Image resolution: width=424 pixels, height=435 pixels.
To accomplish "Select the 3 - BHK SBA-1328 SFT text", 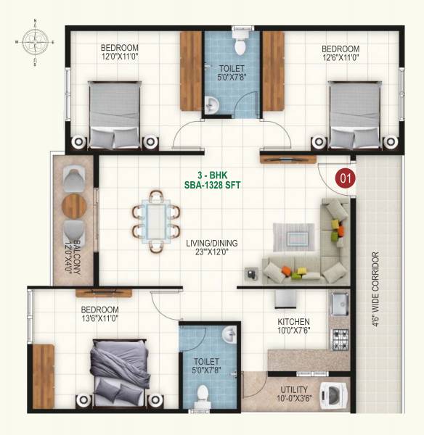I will point(213,179).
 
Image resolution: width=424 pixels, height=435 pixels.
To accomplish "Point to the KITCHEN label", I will point(293,321).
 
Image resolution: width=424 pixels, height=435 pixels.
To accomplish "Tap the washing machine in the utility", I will point(333,395).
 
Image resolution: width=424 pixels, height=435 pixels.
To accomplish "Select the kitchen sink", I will point(338,303).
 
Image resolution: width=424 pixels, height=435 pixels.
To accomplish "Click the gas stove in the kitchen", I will point(338,336).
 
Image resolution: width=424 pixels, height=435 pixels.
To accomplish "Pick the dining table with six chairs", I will point(155,220).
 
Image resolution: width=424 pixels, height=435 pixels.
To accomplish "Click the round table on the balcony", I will point(74,205).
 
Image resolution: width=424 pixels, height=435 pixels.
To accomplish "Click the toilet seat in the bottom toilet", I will point(203,395).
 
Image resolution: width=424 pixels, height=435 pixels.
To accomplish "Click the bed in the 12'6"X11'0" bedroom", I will point(356,112).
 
